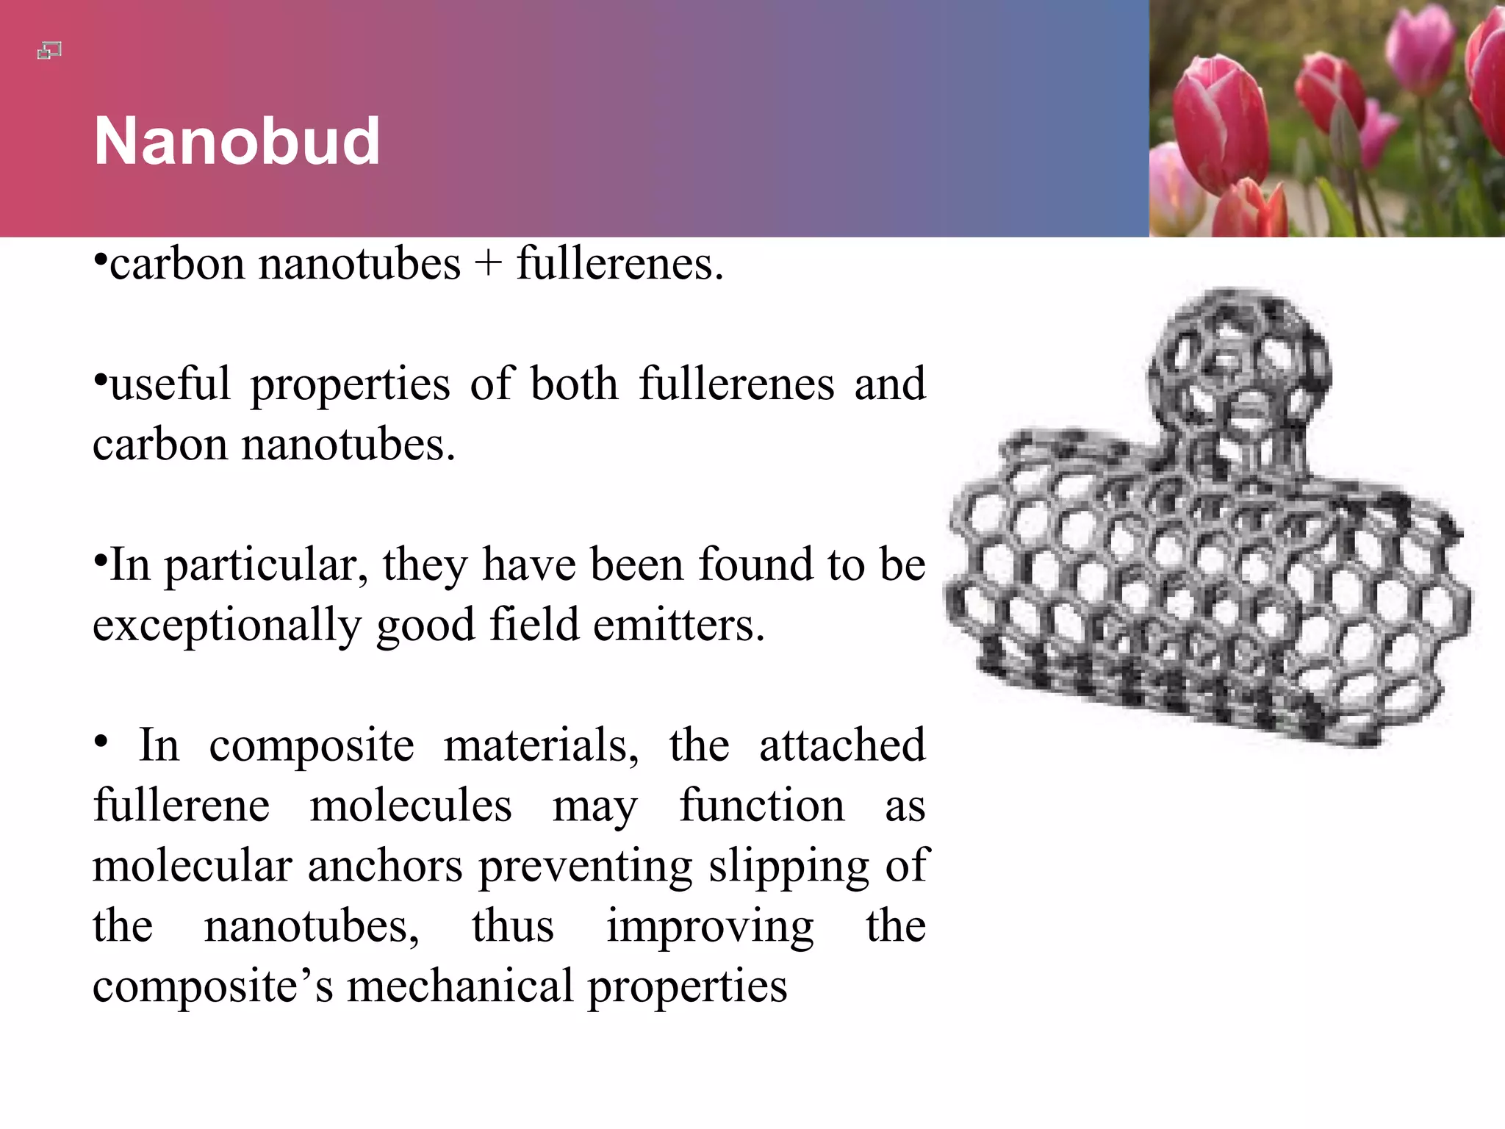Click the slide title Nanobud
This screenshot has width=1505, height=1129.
coord(237,141)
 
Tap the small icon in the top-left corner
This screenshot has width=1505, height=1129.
coord(49,51)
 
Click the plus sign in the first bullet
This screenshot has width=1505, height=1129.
coord(488,264)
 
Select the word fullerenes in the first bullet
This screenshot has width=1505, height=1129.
coord(619,264)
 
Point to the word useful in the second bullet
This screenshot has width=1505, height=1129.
coord(170,384)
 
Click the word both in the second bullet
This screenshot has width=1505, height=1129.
coord(574,384)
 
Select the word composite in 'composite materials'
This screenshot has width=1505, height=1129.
coord(312,746)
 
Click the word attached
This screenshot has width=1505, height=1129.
coord(841,746)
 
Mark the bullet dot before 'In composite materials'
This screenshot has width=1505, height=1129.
coord(101,742)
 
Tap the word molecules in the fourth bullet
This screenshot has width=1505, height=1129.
coord(410,806)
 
